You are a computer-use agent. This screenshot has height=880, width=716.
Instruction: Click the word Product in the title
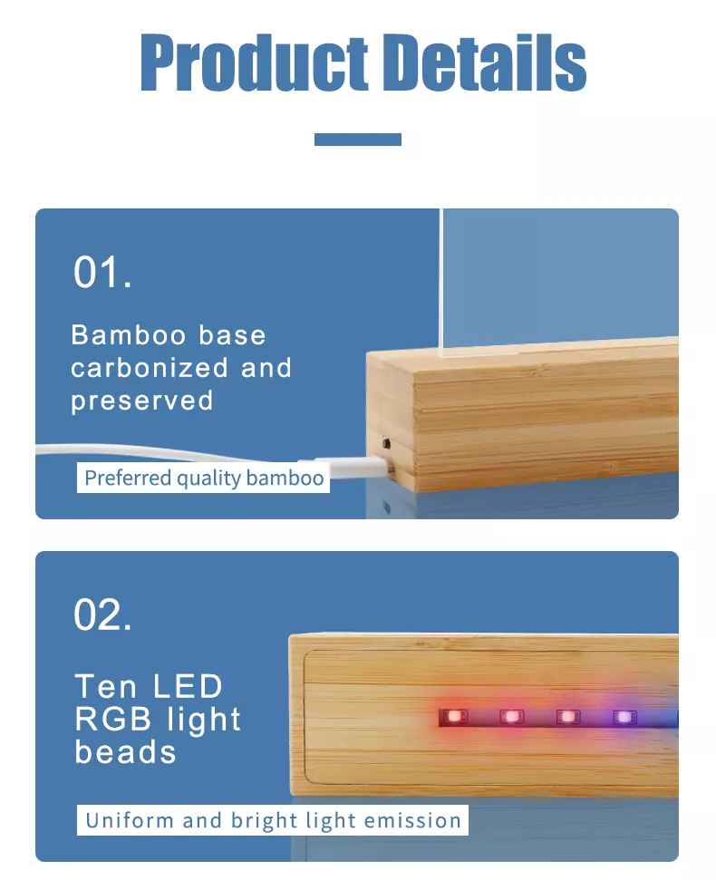(254, 62)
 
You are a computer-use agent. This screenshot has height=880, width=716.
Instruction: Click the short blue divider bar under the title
(358, 140)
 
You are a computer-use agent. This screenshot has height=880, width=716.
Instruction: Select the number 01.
(102, 273)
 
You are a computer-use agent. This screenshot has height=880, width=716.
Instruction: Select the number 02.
(102, 615)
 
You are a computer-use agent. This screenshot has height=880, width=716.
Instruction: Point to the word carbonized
(150, 368)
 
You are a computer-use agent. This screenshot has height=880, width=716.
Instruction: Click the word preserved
(142, 401)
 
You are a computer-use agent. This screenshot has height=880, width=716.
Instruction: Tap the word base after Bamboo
(232, 335)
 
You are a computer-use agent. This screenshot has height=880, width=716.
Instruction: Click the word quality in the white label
(208, 479)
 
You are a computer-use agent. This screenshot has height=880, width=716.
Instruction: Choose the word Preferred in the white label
(128, 478)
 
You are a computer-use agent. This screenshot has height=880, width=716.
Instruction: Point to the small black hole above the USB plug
(386, 444)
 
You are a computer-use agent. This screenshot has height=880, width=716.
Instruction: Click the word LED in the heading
(188, 686)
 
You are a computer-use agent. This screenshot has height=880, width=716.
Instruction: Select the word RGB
(113, 719)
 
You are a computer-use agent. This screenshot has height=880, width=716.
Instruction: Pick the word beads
(126, 752)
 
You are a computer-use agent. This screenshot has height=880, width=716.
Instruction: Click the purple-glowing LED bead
(624, 717)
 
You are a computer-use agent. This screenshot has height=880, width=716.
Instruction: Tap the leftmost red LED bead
(453, 717)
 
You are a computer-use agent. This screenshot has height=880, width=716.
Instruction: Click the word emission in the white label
(412, 820)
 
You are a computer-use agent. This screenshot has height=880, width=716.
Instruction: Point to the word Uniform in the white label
(130, 820)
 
